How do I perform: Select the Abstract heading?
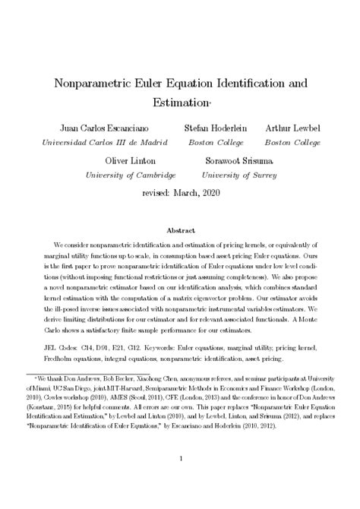pyautogui.click(x=180, y=229)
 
